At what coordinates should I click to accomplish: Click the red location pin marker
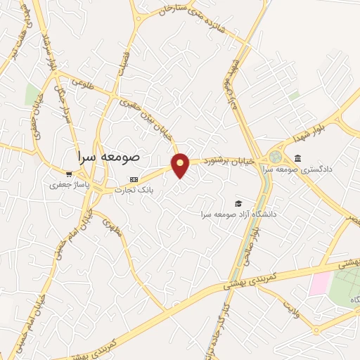pos(181,165)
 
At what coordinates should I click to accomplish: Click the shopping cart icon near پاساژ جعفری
pos(68,173)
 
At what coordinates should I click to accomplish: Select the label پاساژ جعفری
pos(66,185)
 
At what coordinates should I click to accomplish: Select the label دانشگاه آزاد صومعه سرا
pos(238,213)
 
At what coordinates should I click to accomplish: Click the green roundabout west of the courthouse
pos(276,156)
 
